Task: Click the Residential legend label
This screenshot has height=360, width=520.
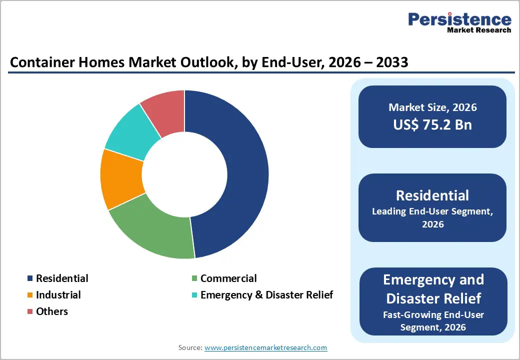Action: pyautogui.click(x=62, y=278)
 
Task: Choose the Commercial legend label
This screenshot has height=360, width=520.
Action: pyautogui.click(x=228, y=278)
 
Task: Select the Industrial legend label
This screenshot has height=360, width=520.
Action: pyautogui.click(x=58, y=295)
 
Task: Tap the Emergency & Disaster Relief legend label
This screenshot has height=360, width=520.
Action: pyautogui.click(x=266, y=295)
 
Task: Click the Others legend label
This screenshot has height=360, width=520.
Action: pyautogui.click(x=52, y=311)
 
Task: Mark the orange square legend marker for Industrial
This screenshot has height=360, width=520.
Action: pyautogui.click(x=30, y=295)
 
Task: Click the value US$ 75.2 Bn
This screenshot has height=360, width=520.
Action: pyautogui.click(x=432, y=124)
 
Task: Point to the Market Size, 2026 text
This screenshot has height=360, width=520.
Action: pyautogui.click(x=432, y=107)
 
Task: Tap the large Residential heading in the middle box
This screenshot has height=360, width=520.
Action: pyautogui.click(x=432, y=195)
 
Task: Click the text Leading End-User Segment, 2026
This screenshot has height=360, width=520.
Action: pyautogui.click(x=432, y=218)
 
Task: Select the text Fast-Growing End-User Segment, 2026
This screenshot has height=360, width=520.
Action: pyautogui.click(x=433, y=321)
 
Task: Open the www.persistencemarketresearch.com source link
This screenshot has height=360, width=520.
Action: pyautogui.click(x=265, y=347)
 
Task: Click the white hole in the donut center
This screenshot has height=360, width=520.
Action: pyautogui.click(x=184, y=174)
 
